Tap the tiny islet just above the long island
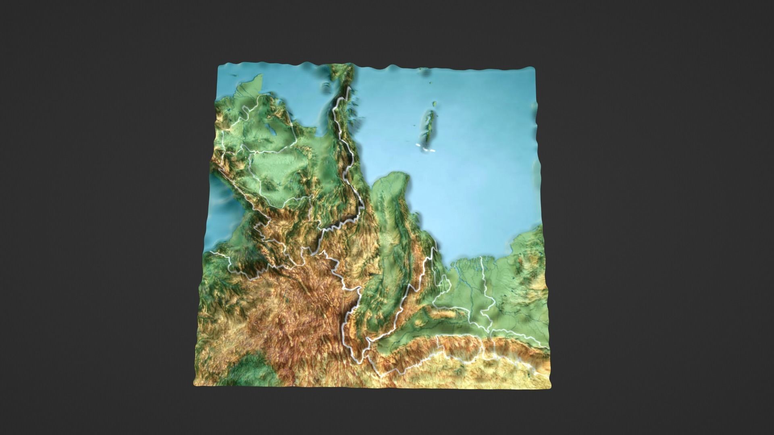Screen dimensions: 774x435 [x=435, y=104]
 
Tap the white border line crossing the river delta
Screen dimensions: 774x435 [x=483, y=278]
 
